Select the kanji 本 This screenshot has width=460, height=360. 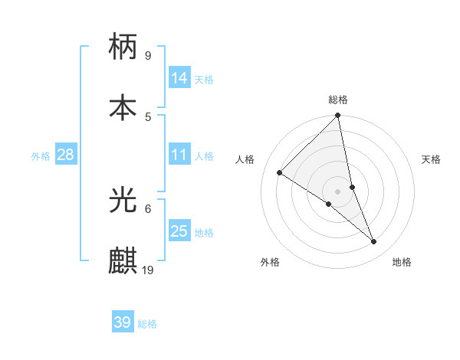(x=123, y=107)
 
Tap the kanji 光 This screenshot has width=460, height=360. (x=123, y=200)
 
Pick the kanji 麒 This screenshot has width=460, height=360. (x=123, y=261)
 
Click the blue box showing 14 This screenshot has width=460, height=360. (x=179, y=78)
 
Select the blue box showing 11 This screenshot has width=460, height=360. (x=179, y=155)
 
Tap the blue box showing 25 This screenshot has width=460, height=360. (x=179, y=231)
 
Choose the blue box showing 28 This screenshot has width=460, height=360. (x=66, y=155)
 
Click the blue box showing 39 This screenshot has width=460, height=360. (x=122, y=322)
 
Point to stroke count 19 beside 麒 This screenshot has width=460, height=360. (x=148, y=270)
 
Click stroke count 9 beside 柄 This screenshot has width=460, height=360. (x=148, y=55)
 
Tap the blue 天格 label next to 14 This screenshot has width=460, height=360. (x=204, y=80)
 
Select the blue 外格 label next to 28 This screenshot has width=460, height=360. (x=41, y=156)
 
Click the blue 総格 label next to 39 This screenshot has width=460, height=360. (x=147, y=324)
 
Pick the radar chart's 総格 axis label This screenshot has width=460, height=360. (x=338, y=100)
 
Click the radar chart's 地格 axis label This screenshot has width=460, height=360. (x=402, y=262)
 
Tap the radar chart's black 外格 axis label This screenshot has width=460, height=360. (x=270, y=262)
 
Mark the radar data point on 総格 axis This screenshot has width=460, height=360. (x=338, y=116)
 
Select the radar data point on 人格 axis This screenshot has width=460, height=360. (x=280, y=172)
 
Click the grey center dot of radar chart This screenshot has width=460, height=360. (x=338, y=191)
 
